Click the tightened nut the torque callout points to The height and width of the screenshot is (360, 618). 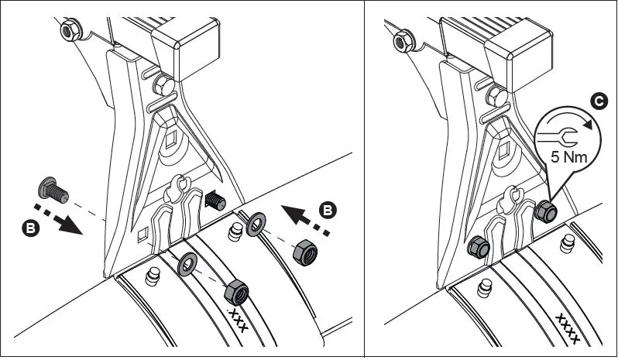coord(545,210)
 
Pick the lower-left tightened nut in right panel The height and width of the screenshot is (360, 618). coord(478,248)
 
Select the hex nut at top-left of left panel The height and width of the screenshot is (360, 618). coord(67,30)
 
